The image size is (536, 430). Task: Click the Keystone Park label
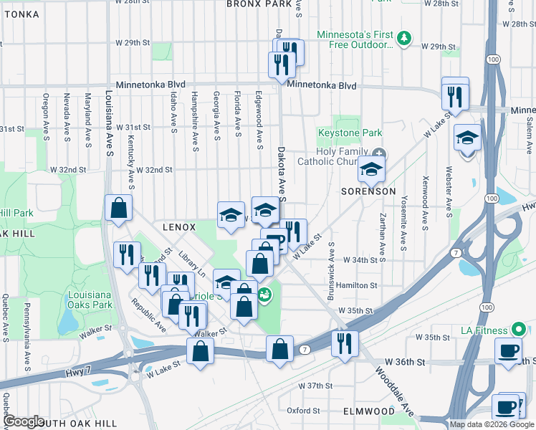pyautogui.click(x=350, y=133)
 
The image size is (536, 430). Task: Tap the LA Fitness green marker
pyautogui.click(x=520, y=330)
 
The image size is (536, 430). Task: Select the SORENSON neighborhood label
pyautogui.click(x=368, y=192)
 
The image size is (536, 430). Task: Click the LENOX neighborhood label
pyautogui.click(x=178, y=227)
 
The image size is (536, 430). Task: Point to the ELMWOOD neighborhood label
pyautogui.click(x=368, y=411)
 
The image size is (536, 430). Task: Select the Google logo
pyautogui.click(x=24, y=421)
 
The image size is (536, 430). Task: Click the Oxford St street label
pyautogui.click(x=303, y=411)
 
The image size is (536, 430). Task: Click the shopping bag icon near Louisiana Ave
pyautogui.click(x=118, y=208)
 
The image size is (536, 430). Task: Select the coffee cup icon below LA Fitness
pyautogui.click(x=509, y=350)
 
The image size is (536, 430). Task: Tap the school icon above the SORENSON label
pyautogui.click(x=371, y=170)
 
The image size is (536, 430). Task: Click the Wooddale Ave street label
pyautogui.click(x=395, y=393)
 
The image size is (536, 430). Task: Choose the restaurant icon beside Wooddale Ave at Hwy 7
pyautogui.click(x=345, y=343)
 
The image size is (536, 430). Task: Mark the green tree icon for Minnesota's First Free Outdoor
pyautogui.click(x=405, y=38)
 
